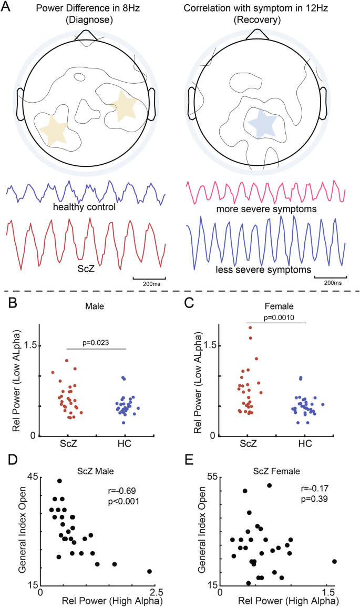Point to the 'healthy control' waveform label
[x=84, y=207]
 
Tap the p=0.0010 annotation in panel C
[x=276, y=318]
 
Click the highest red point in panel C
[x=250, y=327]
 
